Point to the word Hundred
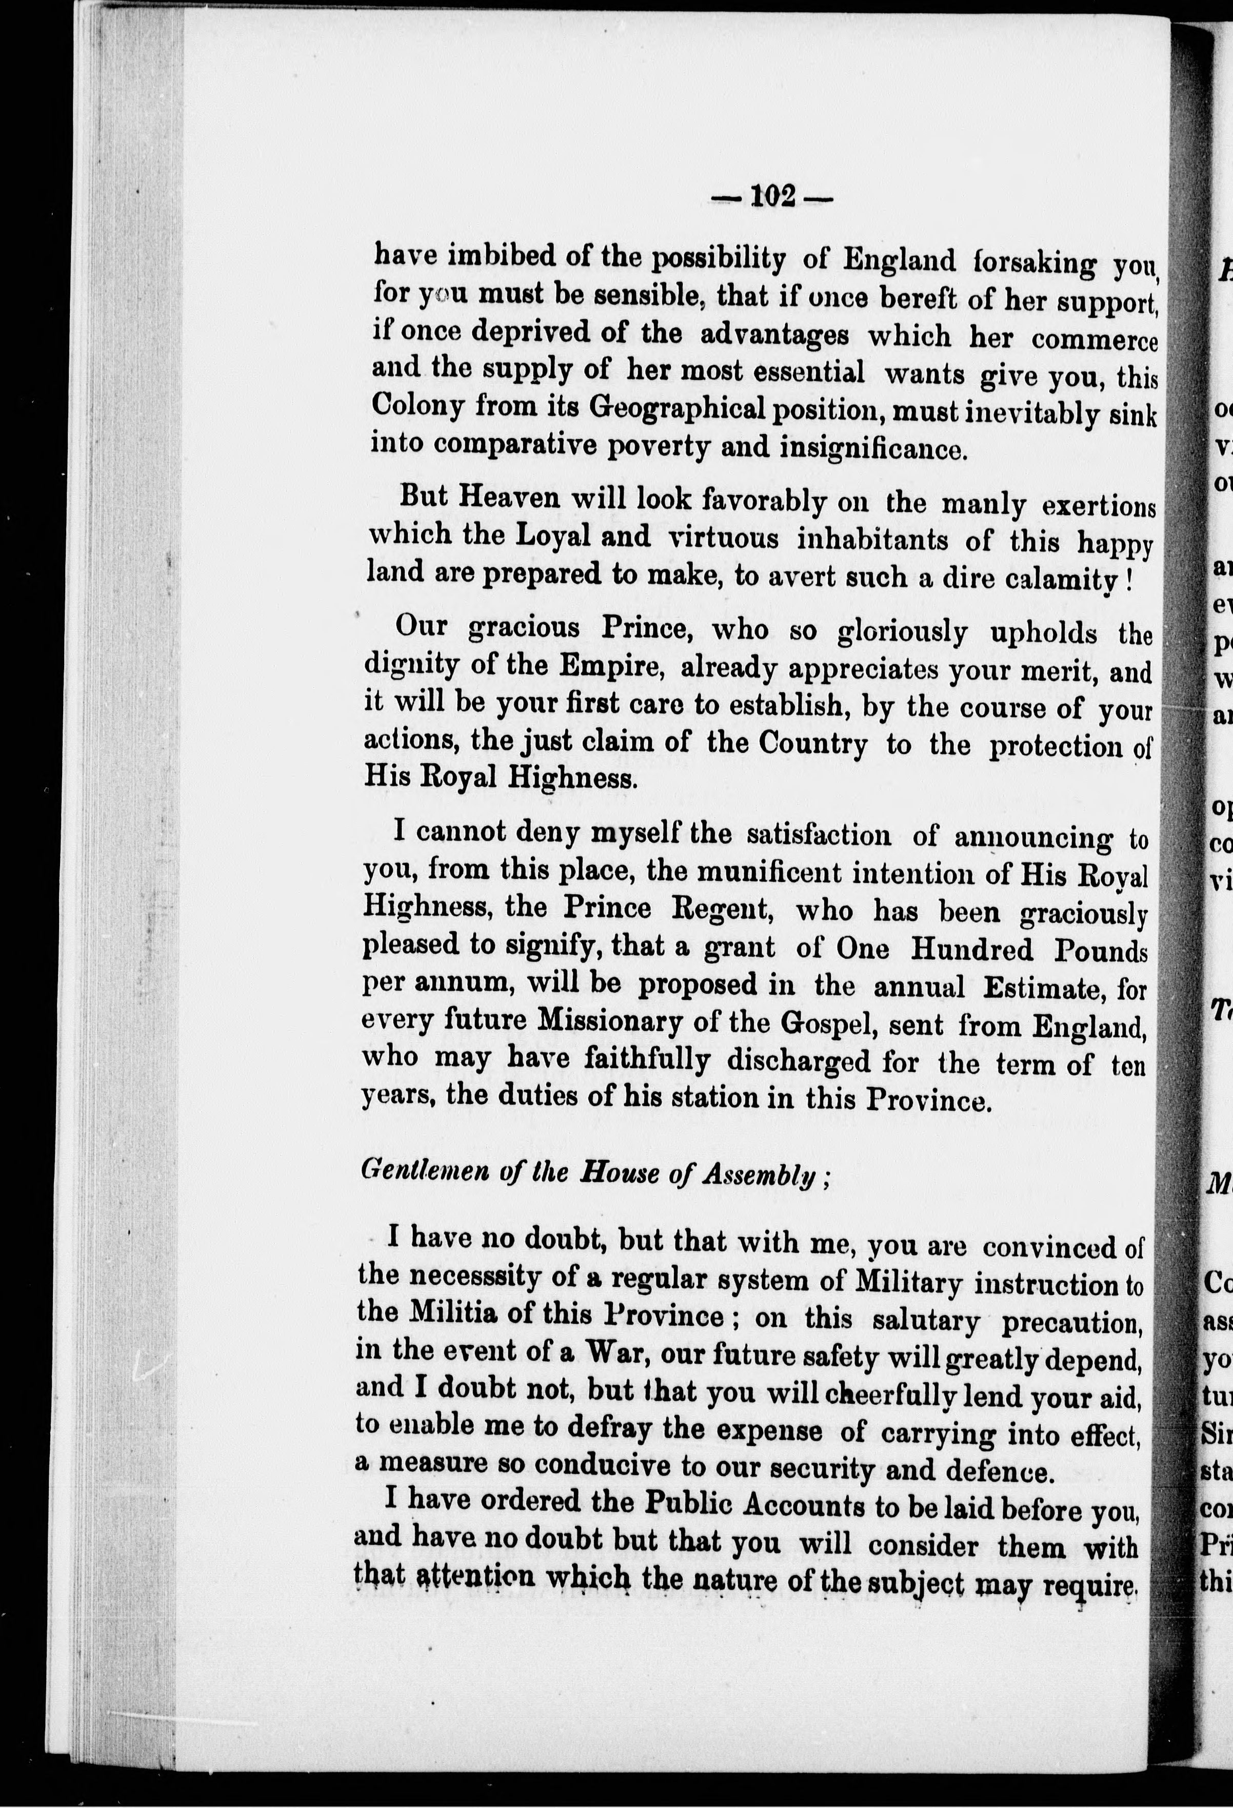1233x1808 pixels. coord(971,949)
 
